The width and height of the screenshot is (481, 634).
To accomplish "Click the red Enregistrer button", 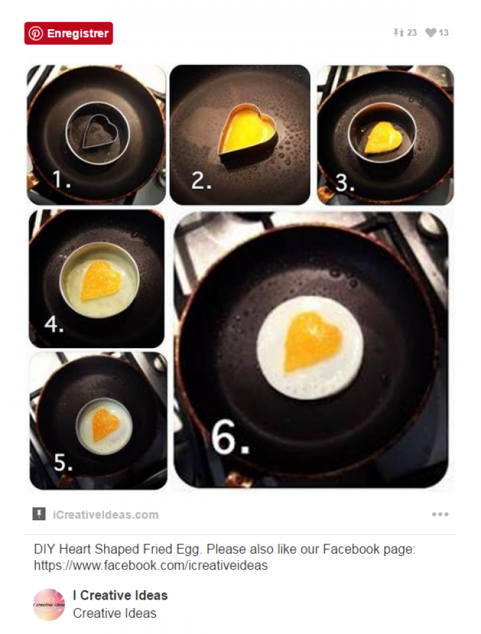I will click(68, 33).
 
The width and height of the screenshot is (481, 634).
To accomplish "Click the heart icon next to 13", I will click(430, 32).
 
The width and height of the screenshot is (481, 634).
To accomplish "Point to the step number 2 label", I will click(201, 181).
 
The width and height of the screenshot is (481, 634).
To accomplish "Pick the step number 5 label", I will click(62, 463).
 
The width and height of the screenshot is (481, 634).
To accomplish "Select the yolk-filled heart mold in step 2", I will click(247, 129).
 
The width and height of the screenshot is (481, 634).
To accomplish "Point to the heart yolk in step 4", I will click(101, 281).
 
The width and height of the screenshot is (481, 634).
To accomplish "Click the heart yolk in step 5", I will click(105, 424).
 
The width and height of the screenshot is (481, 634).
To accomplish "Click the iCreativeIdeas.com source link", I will click(105, 514).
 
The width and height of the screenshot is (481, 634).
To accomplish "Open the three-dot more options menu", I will click(440, 514).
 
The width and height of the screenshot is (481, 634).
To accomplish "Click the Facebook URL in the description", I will click(150, 565).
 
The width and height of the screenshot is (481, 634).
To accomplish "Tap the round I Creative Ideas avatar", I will click(49, 604).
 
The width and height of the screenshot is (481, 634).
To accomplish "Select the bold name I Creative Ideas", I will click(120, 595).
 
